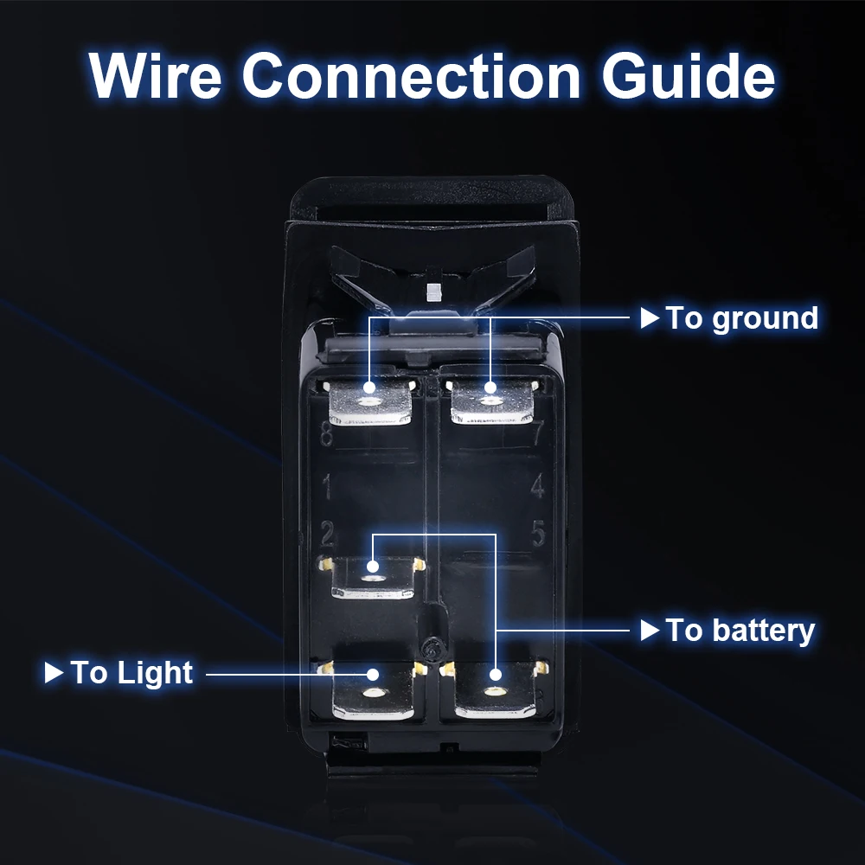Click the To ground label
(741, 318)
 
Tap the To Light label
(131, 672)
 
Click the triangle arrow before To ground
(650, 318)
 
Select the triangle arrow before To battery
(650, 631)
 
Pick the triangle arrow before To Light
(54, 672)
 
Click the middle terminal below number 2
(373, 577)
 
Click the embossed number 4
(538, 487)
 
